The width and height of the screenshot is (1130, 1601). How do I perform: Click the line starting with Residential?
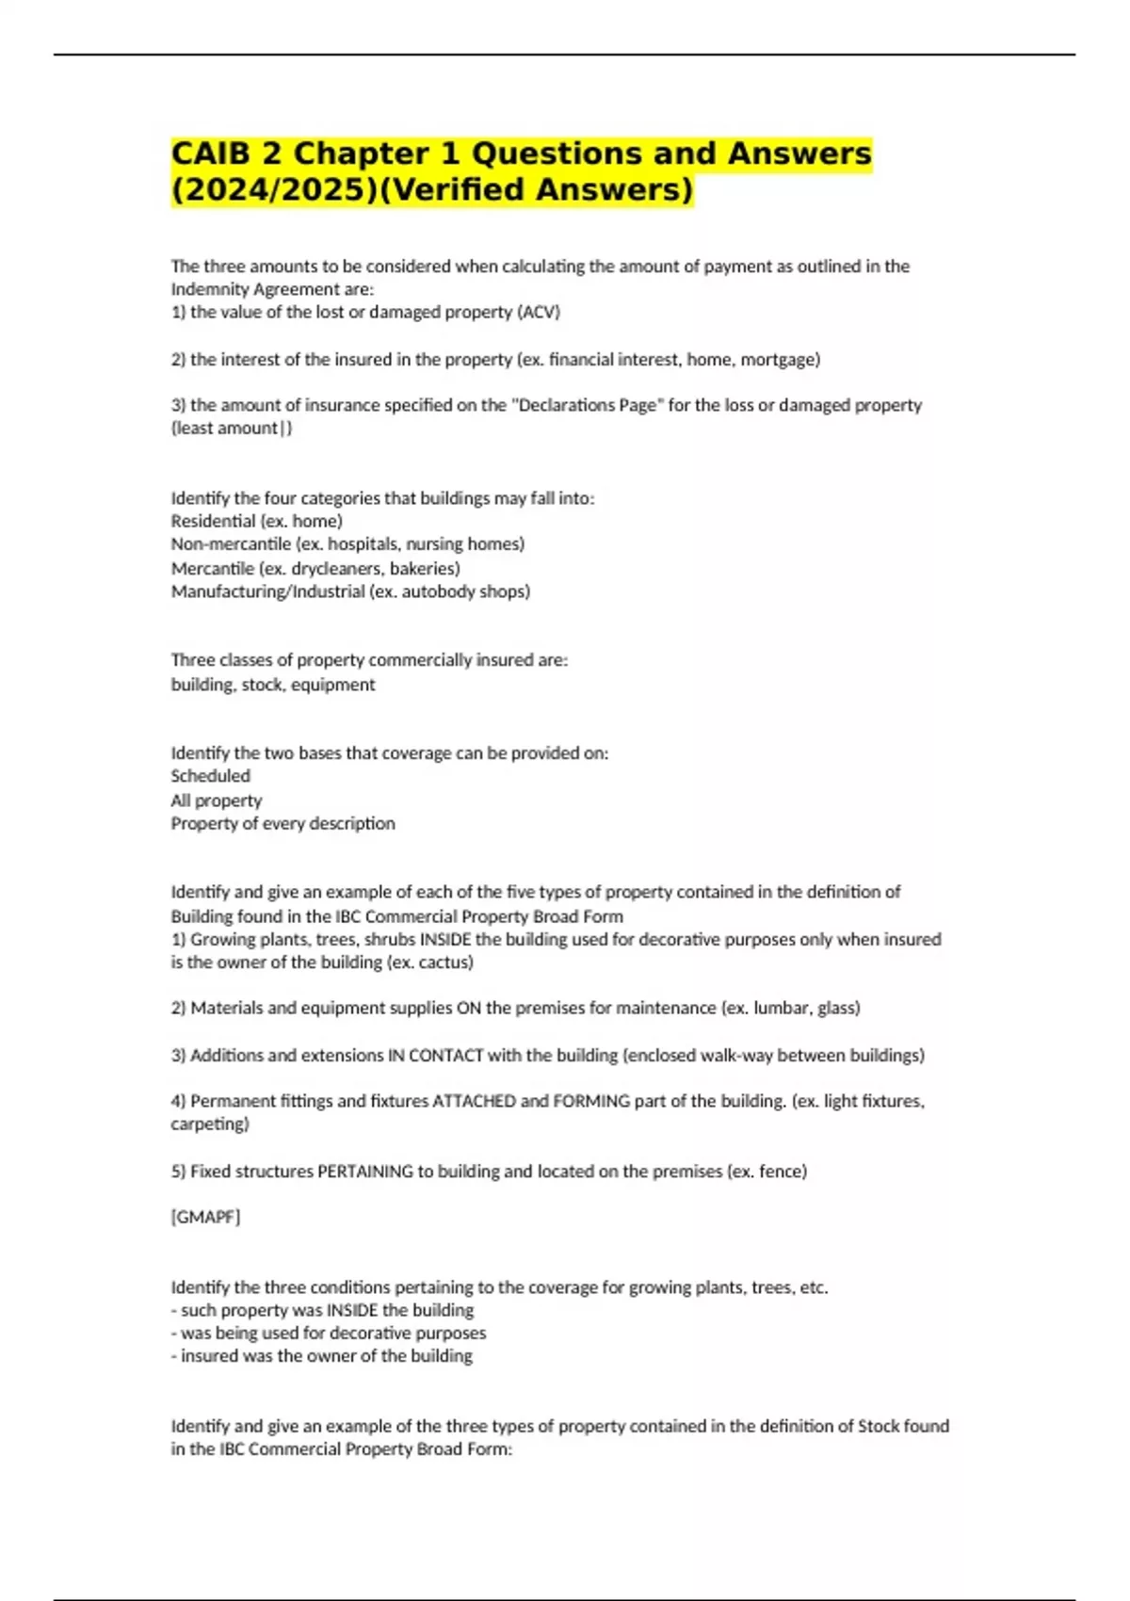pyautogui.click(x=256, y=521)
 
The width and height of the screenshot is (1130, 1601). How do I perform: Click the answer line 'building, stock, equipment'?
pyautogui.click(x=272, y=685)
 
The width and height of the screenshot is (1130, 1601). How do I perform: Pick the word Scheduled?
pyautogui.click(x=210, y=776)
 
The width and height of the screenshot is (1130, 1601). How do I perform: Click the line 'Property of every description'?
pyautogui.click(x=282, y=823)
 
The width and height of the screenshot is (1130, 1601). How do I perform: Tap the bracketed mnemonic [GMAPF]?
pyautogui.click(x=205, y=1217)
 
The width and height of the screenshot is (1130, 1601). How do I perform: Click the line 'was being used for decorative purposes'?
pyautogui.click(x=332, y=1333)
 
